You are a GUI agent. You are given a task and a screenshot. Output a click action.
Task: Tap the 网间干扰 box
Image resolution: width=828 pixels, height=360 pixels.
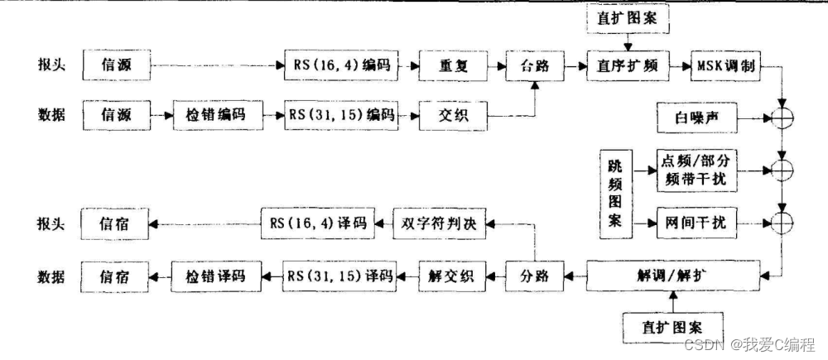[695, 222]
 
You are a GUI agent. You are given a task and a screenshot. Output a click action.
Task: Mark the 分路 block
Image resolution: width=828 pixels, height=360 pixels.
[535, 273]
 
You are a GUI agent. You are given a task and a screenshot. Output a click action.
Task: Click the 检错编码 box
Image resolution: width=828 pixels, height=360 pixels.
[219, 113]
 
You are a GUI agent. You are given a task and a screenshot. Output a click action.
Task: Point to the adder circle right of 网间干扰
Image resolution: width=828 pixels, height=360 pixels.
[781, 222]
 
